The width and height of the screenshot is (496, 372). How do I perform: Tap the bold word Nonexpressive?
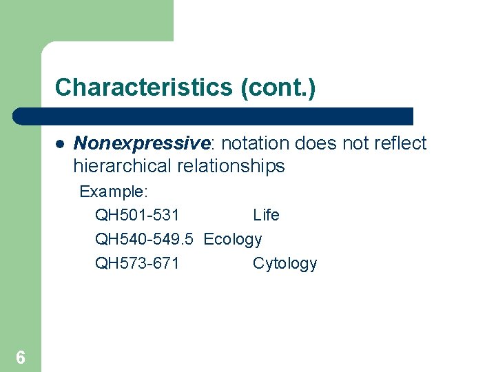[x=141, y=143]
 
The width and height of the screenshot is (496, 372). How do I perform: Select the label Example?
[x=114, y=191]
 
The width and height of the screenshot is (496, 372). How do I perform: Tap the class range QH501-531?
[x=137, y=215]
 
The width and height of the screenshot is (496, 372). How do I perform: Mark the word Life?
[x=266, y=215]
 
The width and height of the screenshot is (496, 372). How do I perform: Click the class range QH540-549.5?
[x=146, y=239]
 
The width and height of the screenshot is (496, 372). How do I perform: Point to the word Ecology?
[x=233, y=239]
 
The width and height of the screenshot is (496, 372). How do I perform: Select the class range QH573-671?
[x=137, y=263]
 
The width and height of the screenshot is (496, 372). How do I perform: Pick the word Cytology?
[x=285, y=263]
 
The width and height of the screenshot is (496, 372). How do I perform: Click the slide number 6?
[x=21, y=357]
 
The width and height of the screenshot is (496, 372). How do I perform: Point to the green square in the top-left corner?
[x=86, y=21]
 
